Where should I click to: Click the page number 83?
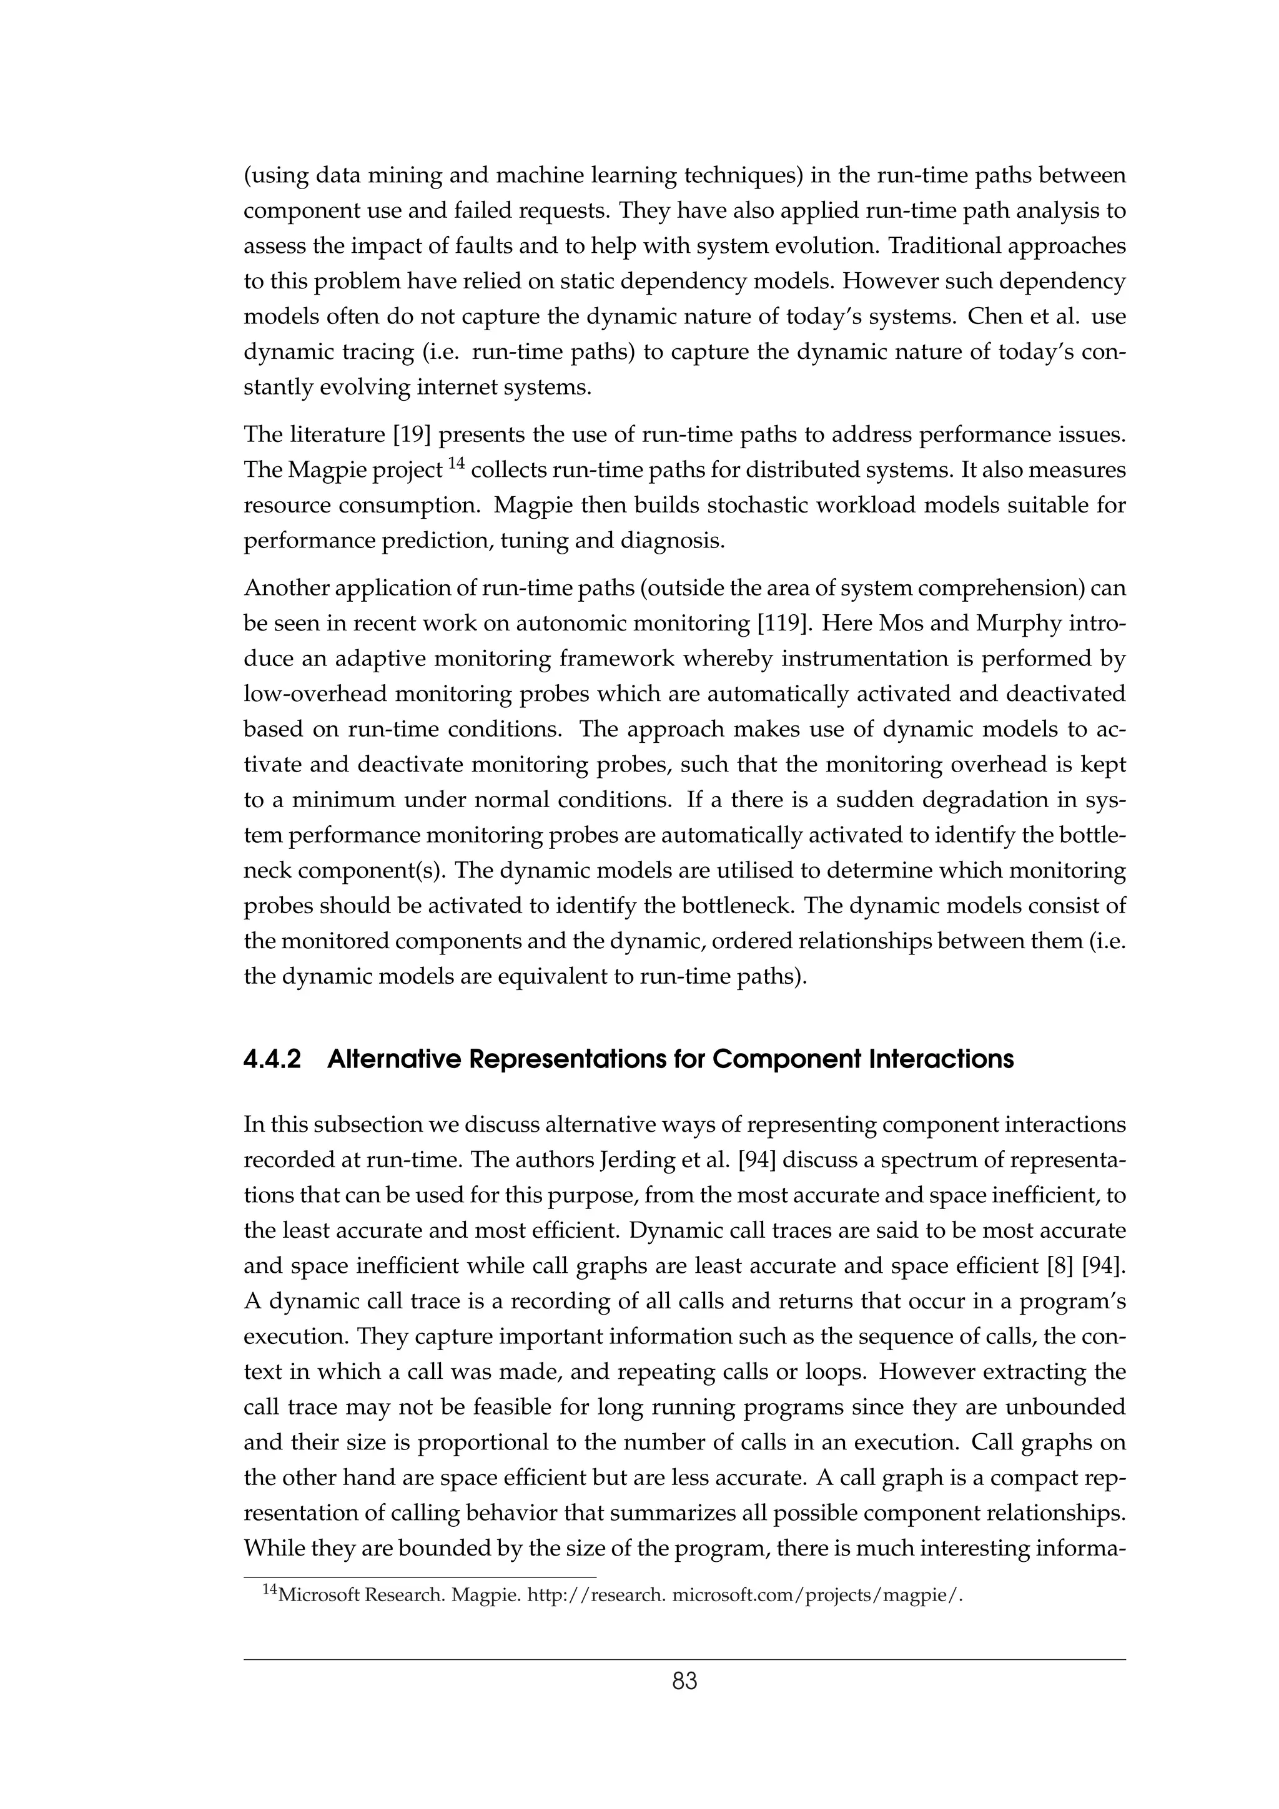684,1682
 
